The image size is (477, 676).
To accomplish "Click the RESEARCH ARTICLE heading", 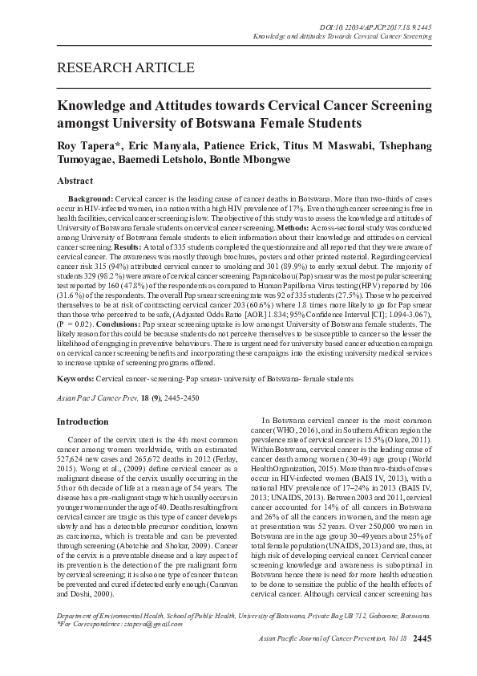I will coord(124,67).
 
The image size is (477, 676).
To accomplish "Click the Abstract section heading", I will coord(74,182).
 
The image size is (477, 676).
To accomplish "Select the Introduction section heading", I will coord(81,421).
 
